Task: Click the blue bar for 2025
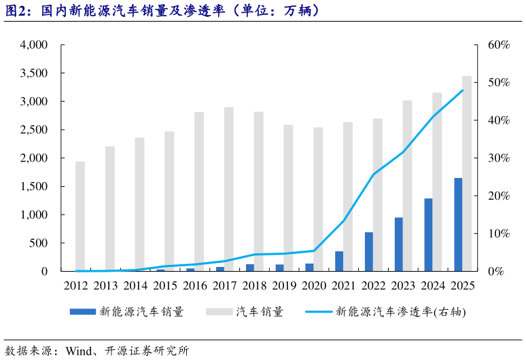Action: tap(458, 224)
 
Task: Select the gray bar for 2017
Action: tap(229, 189)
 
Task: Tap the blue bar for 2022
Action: tap(369, 251)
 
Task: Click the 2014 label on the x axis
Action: tap(135, 285)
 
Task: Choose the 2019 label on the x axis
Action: tap(284, 285)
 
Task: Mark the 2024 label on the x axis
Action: tap(433, 285)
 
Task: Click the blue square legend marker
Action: tap(82, 312)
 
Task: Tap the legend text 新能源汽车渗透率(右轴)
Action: tap(402, 312)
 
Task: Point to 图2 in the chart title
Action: tap(17, 12)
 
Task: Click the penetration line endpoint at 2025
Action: tap(463, 90)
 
